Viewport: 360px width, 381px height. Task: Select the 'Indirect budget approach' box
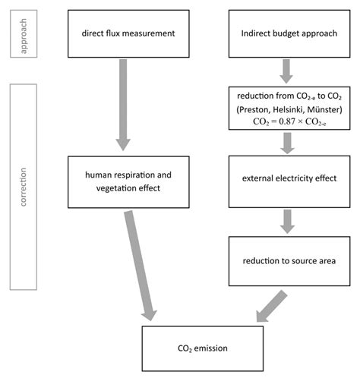pyautogui.click(x=287, y=33)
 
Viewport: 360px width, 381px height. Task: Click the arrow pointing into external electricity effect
pyautogui.click(x=287, y=143)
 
